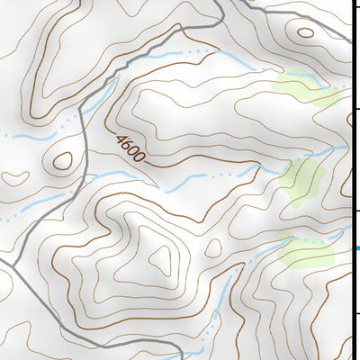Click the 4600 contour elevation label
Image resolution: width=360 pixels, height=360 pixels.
pos(130,148)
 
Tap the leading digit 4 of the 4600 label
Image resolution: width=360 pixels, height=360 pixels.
pos(121,138)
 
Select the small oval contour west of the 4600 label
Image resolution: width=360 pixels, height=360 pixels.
pos(62,161)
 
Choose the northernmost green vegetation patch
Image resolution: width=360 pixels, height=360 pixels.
pos(303,88)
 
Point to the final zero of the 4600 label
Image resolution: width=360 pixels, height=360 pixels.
pos(140,158)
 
